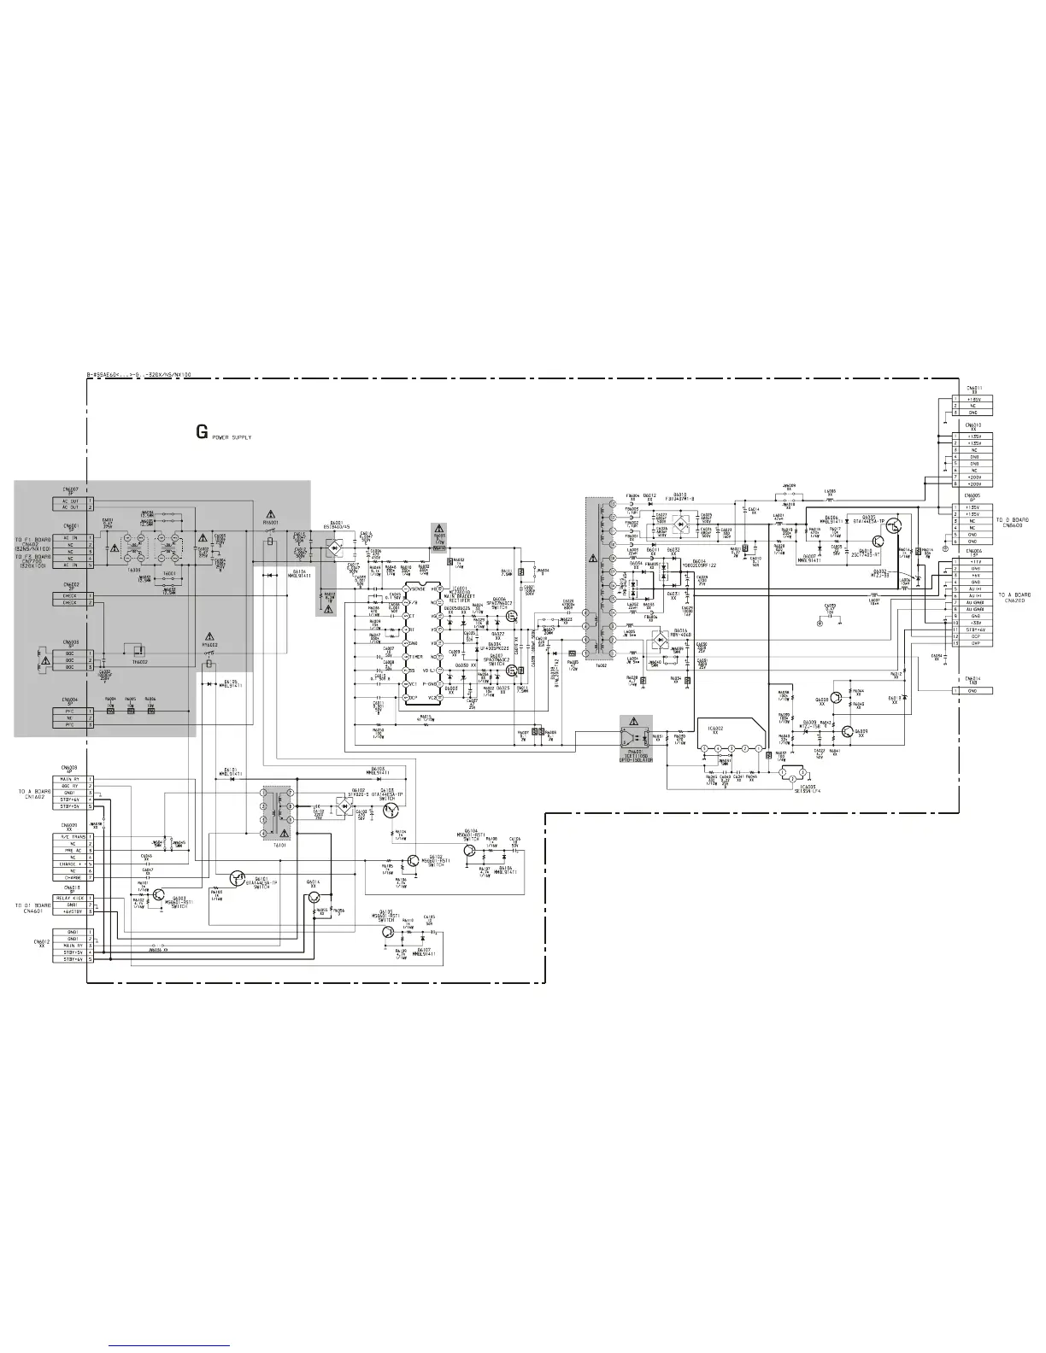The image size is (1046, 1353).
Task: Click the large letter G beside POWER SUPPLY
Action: [x=202, y=432]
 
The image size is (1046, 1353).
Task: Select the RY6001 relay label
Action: [x=271, y=523]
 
